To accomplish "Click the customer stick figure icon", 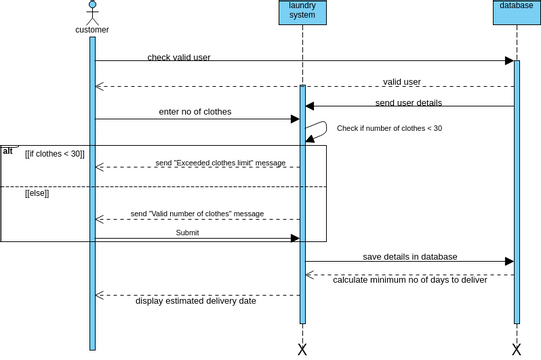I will pyautogui.click(x=92, y=12).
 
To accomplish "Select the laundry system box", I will pyautogui.click(x=302, y=11).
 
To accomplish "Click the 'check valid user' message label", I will pyautogui.click(x=179, y=57).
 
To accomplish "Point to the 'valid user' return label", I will pyautogui.click(x=402, y=82).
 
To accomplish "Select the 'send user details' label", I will pyautogui.click(x=409, y=102).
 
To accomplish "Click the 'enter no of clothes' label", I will pyautogui.click(x=195, y=112).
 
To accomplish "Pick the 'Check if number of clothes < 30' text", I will pyautogui.click(x=389, y=128).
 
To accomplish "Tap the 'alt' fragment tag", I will pyautogui.click(x=8, y=150).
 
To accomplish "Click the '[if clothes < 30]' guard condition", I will pyautogui.click(x=55, y=154).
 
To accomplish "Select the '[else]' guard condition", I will pyautogui.click(x=37, y=193).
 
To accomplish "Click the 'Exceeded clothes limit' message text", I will pyautogui.click(x=220, y=163).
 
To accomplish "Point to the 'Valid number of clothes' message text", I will pyautogui.click(x=197, y=214).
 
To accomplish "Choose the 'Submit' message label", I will pyautogui.click(x=187, y=232).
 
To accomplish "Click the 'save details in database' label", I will pyautogui.click(x=409, y=257).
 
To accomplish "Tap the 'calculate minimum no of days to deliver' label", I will pyautogui.click(x=410, y=280).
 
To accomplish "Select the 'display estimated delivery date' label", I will pyautogui.click(x=196, y=300).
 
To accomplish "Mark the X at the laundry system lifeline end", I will pyautogui.click(x=302, y=349).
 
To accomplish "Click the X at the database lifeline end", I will pyautogui.click(x=517, y=349).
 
